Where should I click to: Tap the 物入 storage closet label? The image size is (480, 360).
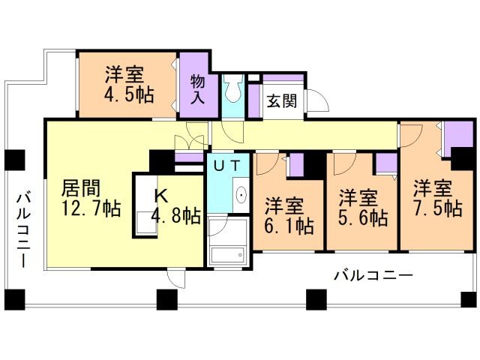[x=198, y=89]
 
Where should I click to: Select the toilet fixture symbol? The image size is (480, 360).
[x=233, y=91]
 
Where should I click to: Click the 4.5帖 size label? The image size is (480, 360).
[x=124, y=97]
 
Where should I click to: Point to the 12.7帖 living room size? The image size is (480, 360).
[x=91, y=208]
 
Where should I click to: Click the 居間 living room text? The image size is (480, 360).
[x=80, y=187]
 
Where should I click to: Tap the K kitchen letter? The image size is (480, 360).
[x=160, y=196]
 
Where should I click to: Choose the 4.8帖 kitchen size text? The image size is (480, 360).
[x=176, y=217]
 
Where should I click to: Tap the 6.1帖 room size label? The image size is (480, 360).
[x=289, y=223]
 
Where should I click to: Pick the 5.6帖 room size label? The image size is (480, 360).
[x=362, y=218]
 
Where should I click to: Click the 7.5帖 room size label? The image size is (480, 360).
[x=436, y=208]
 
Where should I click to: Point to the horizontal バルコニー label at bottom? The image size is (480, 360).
[x=373, y=276]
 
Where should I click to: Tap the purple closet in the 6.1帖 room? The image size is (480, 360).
[x=296, y=163]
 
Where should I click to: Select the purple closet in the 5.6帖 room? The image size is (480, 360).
[x=385, y=163]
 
